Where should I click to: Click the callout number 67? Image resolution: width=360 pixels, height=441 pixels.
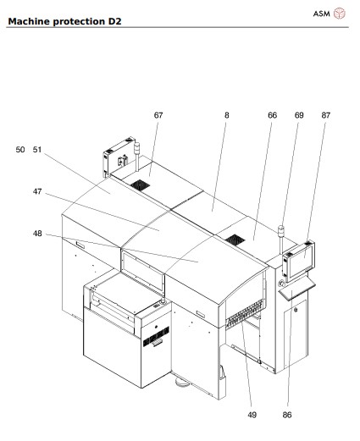[x=158, y=114]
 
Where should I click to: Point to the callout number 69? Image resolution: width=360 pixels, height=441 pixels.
[x=298, y=114]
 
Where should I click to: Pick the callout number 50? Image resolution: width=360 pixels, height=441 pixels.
[x=20, y=149]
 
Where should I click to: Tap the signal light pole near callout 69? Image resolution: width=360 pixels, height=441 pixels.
[x=280, y=240]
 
